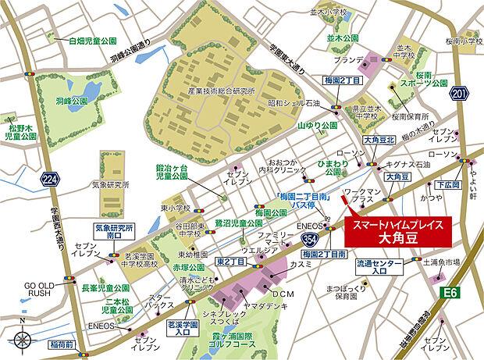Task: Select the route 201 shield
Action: (x=460, y=94)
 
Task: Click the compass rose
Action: (x=23, y=340)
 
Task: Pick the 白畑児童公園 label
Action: (x=92, y=40)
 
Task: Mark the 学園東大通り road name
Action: (x=286, y=57)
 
